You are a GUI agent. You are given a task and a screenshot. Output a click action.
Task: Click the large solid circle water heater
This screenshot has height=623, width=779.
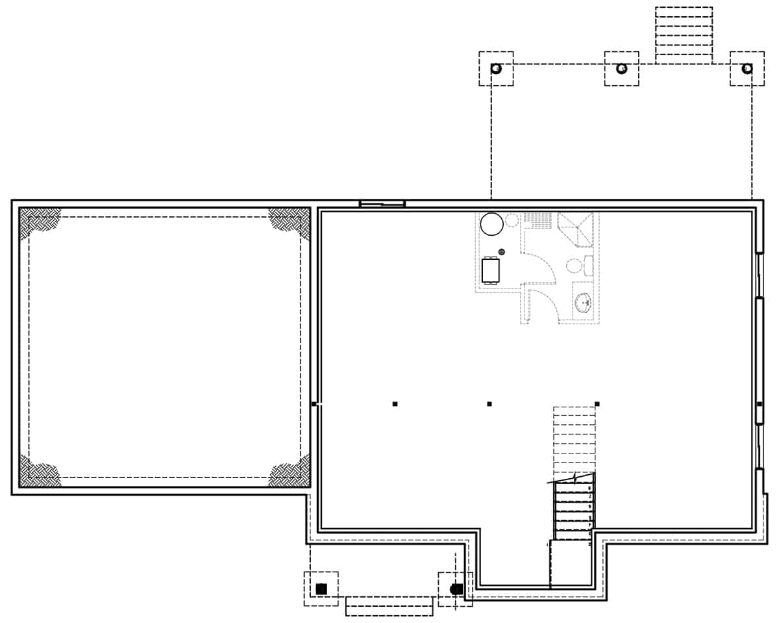(491, 224)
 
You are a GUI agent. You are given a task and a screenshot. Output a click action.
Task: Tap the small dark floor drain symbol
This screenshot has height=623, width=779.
(501, 251)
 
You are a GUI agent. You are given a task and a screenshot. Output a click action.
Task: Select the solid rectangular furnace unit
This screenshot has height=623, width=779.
(491, 270)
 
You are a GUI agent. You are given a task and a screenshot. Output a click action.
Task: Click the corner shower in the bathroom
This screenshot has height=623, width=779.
(575, 229)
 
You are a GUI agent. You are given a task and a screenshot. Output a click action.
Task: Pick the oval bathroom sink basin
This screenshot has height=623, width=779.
(584, 302)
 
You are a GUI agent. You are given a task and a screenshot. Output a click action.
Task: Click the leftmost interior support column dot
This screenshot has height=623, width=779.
(395, 404)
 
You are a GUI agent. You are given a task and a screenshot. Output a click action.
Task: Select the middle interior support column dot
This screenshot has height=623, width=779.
(489, 404)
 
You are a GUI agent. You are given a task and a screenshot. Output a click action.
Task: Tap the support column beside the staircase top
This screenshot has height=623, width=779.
(597, 404)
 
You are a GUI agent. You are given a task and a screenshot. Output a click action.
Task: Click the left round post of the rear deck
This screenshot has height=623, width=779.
(496, 68)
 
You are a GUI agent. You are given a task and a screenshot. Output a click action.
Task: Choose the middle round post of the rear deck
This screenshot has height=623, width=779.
(621, 68)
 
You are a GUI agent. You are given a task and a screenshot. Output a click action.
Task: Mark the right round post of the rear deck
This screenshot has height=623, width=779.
(747, 68)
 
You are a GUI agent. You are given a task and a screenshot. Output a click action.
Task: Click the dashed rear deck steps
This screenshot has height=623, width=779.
(684, 35)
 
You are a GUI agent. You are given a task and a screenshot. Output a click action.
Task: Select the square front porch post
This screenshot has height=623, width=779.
(321, 589)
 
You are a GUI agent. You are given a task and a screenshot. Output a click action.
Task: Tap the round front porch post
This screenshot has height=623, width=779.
(456, 589)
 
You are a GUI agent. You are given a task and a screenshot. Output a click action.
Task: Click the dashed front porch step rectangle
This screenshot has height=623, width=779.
(389, 605)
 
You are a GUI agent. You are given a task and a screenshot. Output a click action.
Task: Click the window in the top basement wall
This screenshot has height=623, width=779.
(382, 203)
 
